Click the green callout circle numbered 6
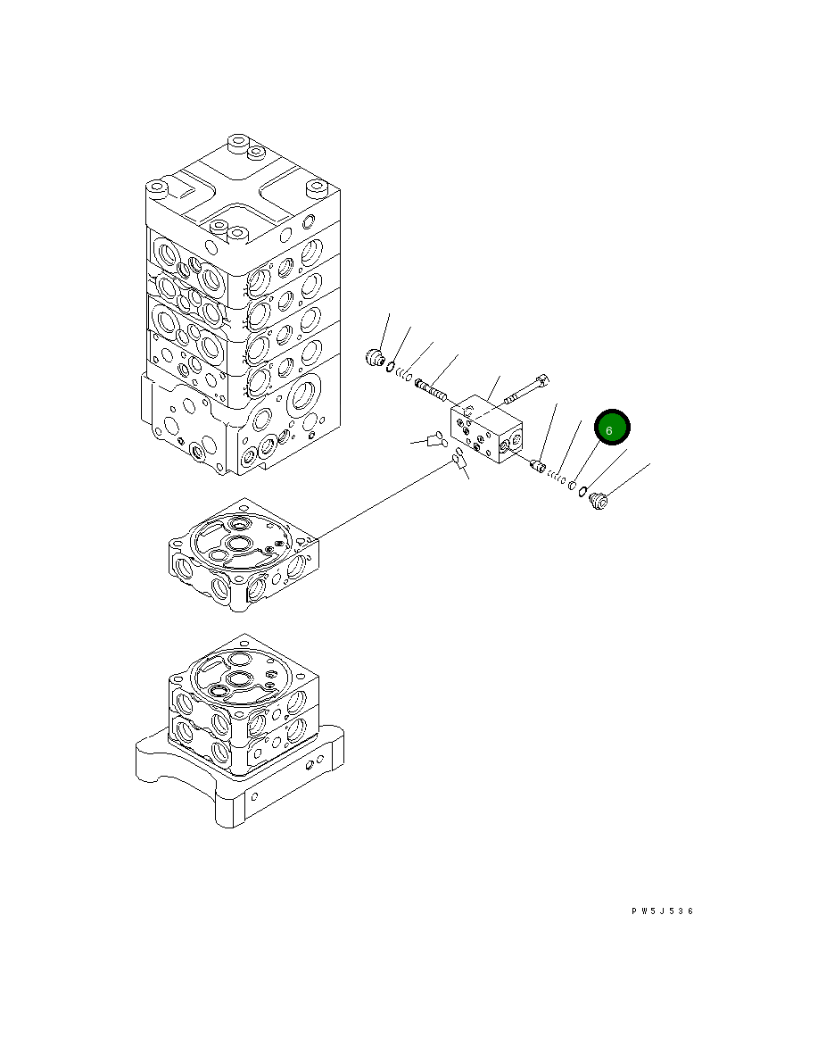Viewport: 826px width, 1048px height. (x=612, y=428)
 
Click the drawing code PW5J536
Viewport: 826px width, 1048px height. (x=663, y=911)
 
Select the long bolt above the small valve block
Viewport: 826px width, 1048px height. (x=526, y=390)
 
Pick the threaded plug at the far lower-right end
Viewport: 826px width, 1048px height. (x=599, y=500)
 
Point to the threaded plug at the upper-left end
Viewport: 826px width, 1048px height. (x=376, y=358)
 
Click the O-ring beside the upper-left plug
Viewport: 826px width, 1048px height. (x=390, y=366)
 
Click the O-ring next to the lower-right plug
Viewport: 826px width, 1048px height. (x=583, y=491)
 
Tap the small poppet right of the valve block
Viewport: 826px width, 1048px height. (x=538, y=464)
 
